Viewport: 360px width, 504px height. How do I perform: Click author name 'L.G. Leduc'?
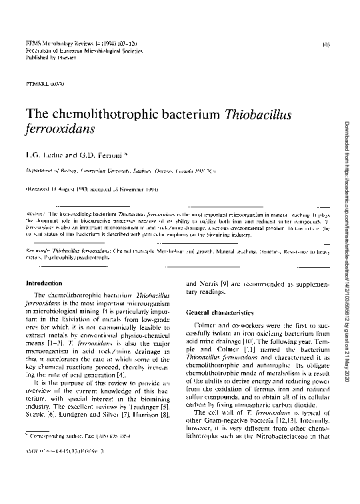click(42, 155)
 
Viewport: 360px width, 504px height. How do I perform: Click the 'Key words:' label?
click(39, 247)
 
